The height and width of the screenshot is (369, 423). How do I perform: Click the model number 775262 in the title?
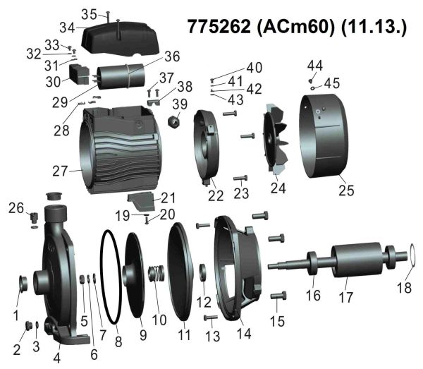coord(219,27)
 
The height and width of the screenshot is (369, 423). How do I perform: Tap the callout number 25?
coord(346,190)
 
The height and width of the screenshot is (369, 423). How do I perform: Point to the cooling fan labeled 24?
coord(276,138)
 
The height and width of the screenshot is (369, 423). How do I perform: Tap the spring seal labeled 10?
coord(157,273)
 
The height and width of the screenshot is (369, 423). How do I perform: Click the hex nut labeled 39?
coord(175,121)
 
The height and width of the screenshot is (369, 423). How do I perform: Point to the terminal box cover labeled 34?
coord(120,38)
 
